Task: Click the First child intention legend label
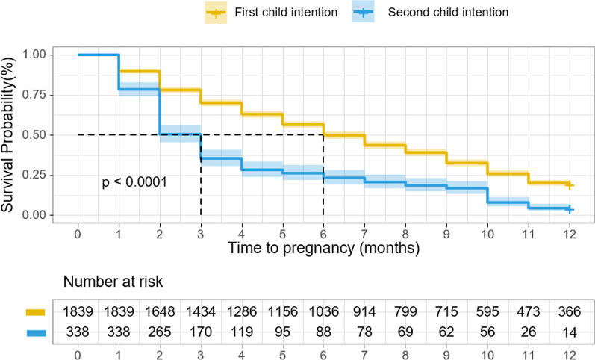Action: [286, 12]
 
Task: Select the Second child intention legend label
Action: [448, 12]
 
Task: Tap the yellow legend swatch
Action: [216, 13]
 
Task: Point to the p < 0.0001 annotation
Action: [134, 182]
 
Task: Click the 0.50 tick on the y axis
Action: [34, 134]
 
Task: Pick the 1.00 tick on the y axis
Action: [34, 55]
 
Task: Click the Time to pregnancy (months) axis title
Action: [324, 248]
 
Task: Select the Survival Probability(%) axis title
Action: [7, 134]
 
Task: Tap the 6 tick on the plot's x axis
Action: [323, 234]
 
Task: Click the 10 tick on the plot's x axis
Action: [487, 234]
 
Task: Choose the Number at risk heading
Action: [113, 282]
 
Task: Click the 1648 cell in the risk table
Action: [160, 311]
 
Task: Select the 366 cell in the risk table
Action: [569, 311]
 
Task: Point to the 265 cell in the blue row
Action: [160, 332]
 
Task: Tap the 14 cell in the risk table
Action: [569, 332]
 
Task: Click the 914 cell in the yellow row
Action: [364, 311]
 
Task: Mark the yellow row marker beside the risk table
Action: [36, 312]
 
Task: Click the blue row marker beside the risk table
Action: [36, 333]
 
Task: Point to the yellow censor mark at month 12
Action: [569, 185]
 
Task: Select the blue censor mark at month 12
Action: [569, 209]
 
